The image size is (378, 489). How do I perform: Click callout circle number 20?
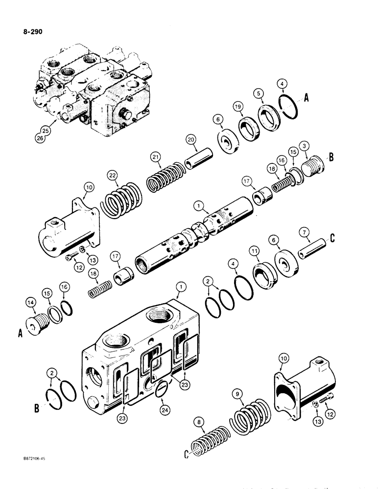pos(191,140)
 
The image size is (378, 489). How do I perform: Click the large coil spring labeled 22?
pos(122,200)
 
